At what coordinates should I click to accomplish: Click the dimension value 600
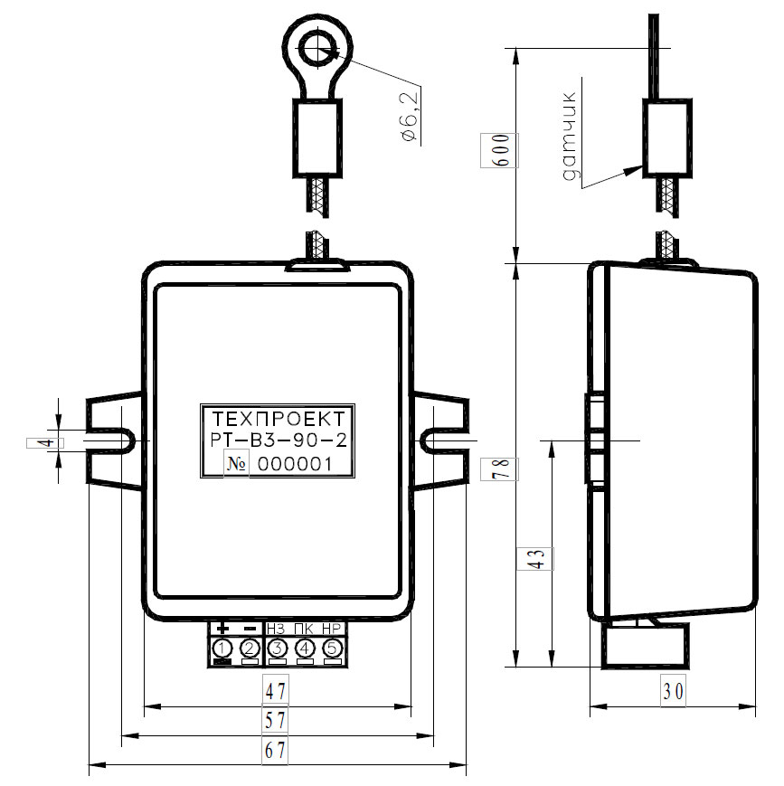click(x=500, y=150)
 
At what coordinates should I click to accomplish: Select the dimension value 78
click(x=500, y=469)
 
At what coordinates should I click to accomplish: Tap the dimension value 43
click(x=536, y=558)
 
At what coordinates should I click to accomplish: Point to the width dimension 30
click(x=673, y=691)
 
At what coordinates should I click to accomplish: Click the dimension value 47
click(x=276, y=692)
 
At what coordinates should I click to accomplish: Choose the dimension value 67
click(x=276, y=751)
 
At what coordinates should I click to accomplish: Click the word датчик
click(x=570, y=136)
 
